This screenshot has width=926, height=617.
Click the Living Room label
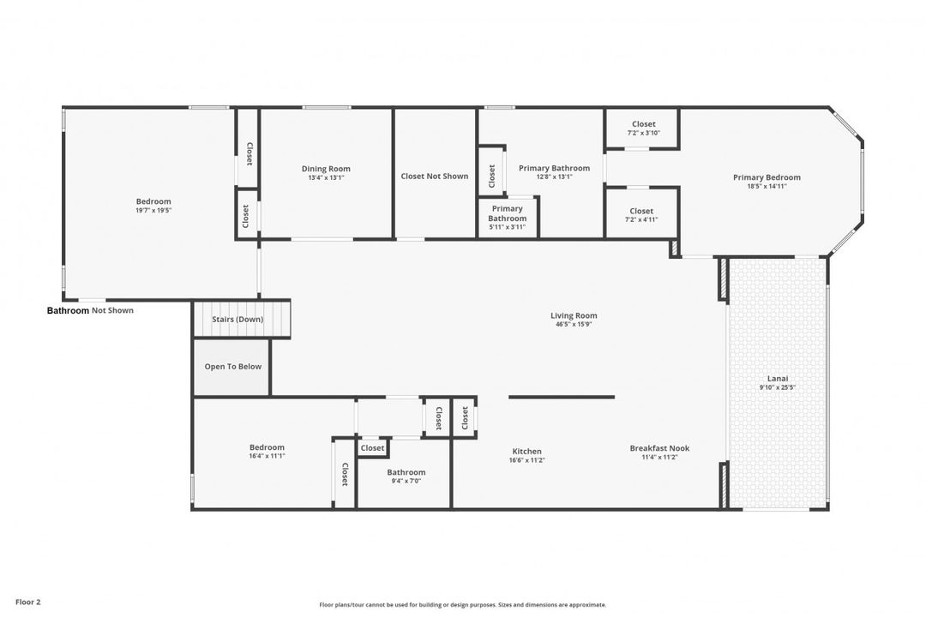coord(574,315)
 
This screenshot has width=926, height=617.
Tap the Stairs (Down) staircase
coord(238,320)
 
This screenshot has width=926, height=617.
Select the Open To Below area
coord(232,367)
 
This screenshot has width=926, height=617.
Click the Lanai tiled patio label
coord(779,378)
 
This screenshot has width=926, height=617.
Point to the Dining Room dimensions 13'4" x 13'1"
coord(326,177)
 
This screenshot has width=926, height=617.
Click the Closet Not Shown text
coord(435,177)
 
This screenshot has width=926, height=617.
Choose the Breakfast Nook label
coord(659,448)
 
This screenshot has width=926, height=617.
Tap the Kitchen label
coord(526,452)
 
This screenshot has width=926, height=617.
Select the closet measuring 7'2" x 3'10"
coord(643,128)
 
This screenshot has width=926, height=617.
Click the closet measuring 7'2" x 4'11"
coord(641,214)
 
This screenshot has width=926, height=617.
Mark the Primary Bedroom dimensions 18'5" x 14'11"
coord(767,186)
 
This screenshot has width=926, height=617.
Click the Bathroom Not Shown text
coord(90,310)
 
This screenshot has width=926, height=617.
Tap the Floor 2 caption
coord(27,602)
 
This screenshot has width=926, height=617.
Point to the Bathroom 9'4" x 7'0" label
coord(406,476)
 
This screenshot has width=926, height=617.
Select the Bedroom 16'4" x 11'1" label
coord(267,451)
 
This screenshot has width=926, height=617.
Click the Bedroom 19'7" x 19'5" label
coord(153,206)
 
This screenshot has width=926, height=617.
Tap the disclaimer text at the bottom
coord(463,604)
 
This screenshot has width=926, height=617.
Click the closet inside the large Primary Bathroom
coord(491,176)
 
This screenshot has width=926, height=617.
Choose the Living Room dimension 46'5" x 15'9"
coord(574,324)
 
